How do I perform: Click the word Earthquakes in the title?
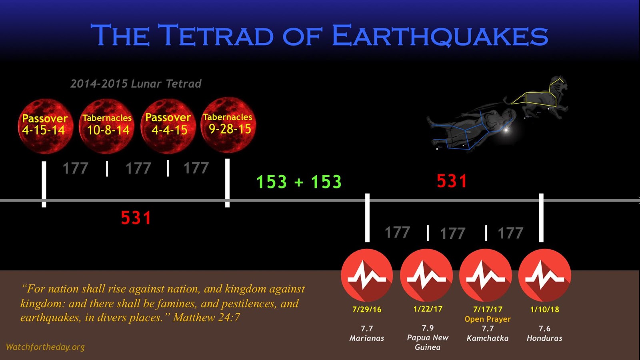pyautogui.click(x=440, y=36)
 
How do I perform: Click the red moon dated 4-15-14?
pyautogui.click(x=46, y=126)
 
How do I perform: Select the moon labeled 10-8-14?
pyautogui.click(x=106, y=126)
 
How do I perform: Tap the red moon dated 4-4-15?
pyautogui.click(x=168, y=126)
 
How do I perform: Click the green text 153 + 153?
pyautogui.click(x=299, y=182)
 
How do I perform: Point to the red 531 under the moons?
pyautogui.click(x=136, y=218)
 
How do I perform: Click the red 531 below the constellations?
pyautogui.click(x=452, y=181)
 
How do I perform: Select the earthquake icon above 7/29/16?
pyautogui.click(x=367, y=275)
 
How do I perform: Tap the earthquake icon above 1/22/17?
pyautogui.click(x=426, y=275)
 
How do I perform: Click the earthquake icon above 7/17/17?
pyautogui.click(x=486, y=275)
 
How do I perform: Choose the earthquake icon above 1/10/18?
pyautogui.click(x=544, y=275)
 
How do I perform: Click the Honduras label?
pyautogui.click(x=544, y=338)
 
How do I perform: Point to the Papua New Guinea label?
pyautogui.click(x=428, y=342)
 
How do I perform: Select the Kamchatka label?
pyautogui.click(x=488, y=338)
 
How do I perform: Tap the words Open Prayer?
pyautogui.click(x=488, y=319)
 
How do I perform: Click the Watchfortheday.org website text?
pyautogui.click(x=45, y=347)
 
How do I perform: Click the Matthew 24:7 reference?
pyautogui.click(x=206, y=318)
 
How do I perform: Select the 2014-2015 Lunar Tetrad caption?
pyautogui.click(x=136, y=84)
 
